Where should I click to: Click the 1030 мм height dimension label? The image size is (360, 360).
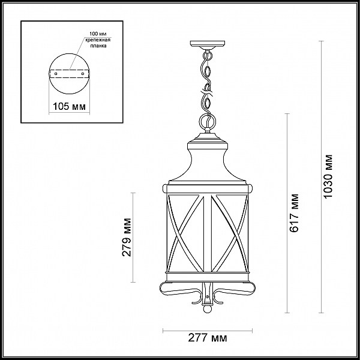tap(328, 176)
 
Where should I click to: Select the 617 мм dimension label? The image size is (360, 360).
tap(294, 213)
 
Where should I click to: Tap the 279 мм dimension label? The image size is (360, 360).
tap(126, 238)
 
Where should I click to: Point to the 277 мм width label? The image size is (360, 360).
tap(208, 338)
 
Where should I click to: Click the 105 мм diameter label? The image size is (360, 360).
tap(69, 106)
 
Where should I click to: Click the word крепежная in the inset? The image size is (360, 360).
tap(98, 40)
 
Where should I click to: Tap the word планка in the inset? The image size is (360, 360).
tap(98, 46)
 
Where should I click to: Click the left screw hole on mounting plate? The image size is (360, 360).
tap(56, 74)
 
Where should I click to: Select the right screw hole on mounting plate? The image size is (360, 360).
tap(83, 74)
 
